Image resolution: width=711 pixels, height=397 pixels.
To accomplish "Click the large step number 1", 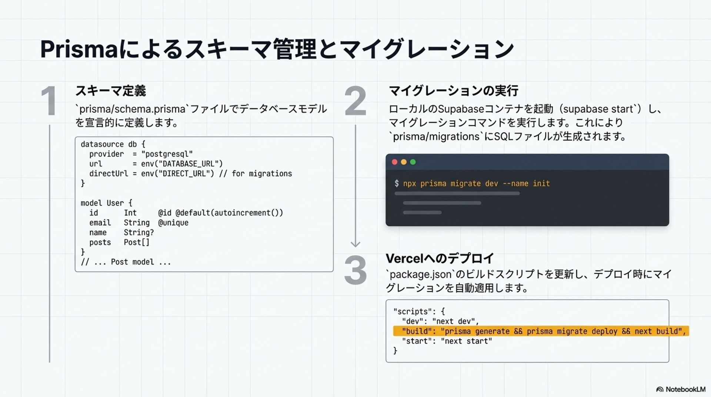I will [49, 101].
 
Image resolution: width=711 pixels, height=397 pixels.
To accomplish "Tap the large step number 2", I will [355, 101].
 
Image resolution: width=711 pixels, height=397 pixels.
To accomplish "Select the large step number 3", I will [355, 270].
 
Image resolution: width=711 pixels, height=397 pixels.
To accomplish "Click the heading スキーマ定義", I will [110, 91].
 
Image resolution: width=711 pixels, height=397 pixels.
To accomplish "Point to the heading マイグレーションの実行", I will [453, 91].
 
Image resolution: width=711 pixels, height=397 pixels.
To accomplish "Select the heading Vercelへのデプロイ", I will [440, 258].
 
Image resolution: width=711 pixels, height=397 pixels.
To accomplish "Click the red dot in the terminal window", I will [395, 162].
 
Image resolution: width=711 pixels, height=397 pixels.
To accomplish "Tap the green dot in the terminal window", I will [413, 162].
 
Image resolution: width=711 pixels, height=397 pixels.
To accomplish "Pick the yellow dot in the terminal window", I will [404, 162].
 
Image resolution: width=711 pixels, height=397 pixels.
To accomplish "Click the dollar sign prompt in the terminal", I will [397, 183].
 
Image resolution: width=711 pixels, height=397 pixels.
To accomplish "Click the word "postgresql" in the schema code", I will [167, 154].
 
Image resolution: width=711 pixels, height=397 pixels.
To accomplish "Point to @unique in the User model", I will [173, 223].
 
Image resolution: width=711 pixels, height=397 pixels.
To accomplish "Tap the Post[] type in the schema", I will [136, 242].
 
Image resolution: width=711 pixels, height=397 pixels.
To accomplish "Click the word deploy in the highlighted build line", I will [604, 331].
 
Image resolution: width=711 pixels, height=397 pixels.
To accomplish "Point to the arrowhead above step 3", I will [355, 244].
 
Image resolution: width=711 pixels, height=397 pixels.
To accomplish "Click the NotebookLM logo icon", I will [660, 389].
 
